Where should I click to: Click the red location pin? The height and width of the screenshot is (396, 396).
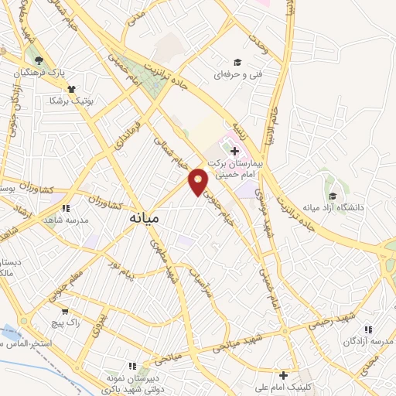(199, 182)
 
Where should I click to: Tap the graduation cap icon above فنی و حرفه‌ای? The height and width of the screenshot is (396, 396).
(237, 63)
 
